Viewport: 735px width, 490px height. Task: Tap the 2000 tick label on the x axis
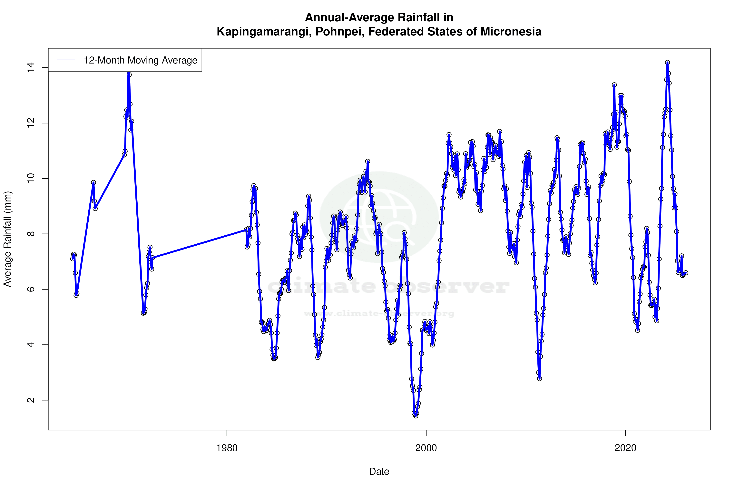[426, 448]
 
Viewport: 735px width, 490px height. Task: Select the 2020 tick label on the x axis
[625, 448]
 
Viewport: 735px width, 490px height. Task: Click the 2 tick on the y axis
[31, 400]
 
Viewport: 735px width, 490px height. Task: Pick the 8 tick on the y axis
[31, 234]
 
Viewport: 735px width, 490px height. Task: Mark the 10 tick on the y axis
[31, 178]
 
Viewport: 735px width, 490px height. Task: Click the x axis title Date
[379, 472]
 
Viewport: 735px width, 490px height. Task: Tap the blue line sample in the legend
[66, 60]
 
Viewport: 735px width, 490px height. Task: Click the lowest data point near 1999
[416, 416]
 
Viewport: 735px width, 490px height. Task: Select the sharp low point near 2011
[539, 378]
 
